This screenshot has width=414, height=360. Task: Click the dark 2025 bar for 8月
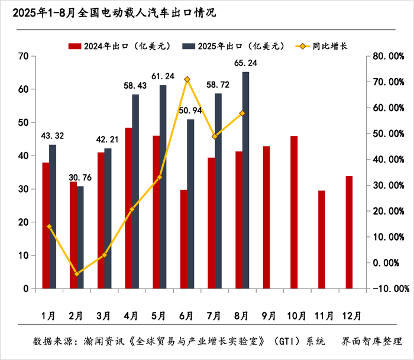coord(245,180)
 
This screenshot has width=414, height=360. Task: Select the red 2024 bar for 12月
coord(349,232)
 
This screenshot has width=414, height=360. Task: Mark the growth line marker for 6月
coord(187,79)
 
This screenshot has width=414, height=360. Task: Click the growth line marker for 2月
coord(77,274)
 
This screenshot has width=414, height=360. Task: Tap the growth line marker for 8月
coord(242,113)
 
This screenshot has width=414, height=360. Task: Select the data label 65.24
coord(245,63)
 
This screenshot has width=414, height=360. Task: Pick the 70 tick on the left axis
coord(24,56)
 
